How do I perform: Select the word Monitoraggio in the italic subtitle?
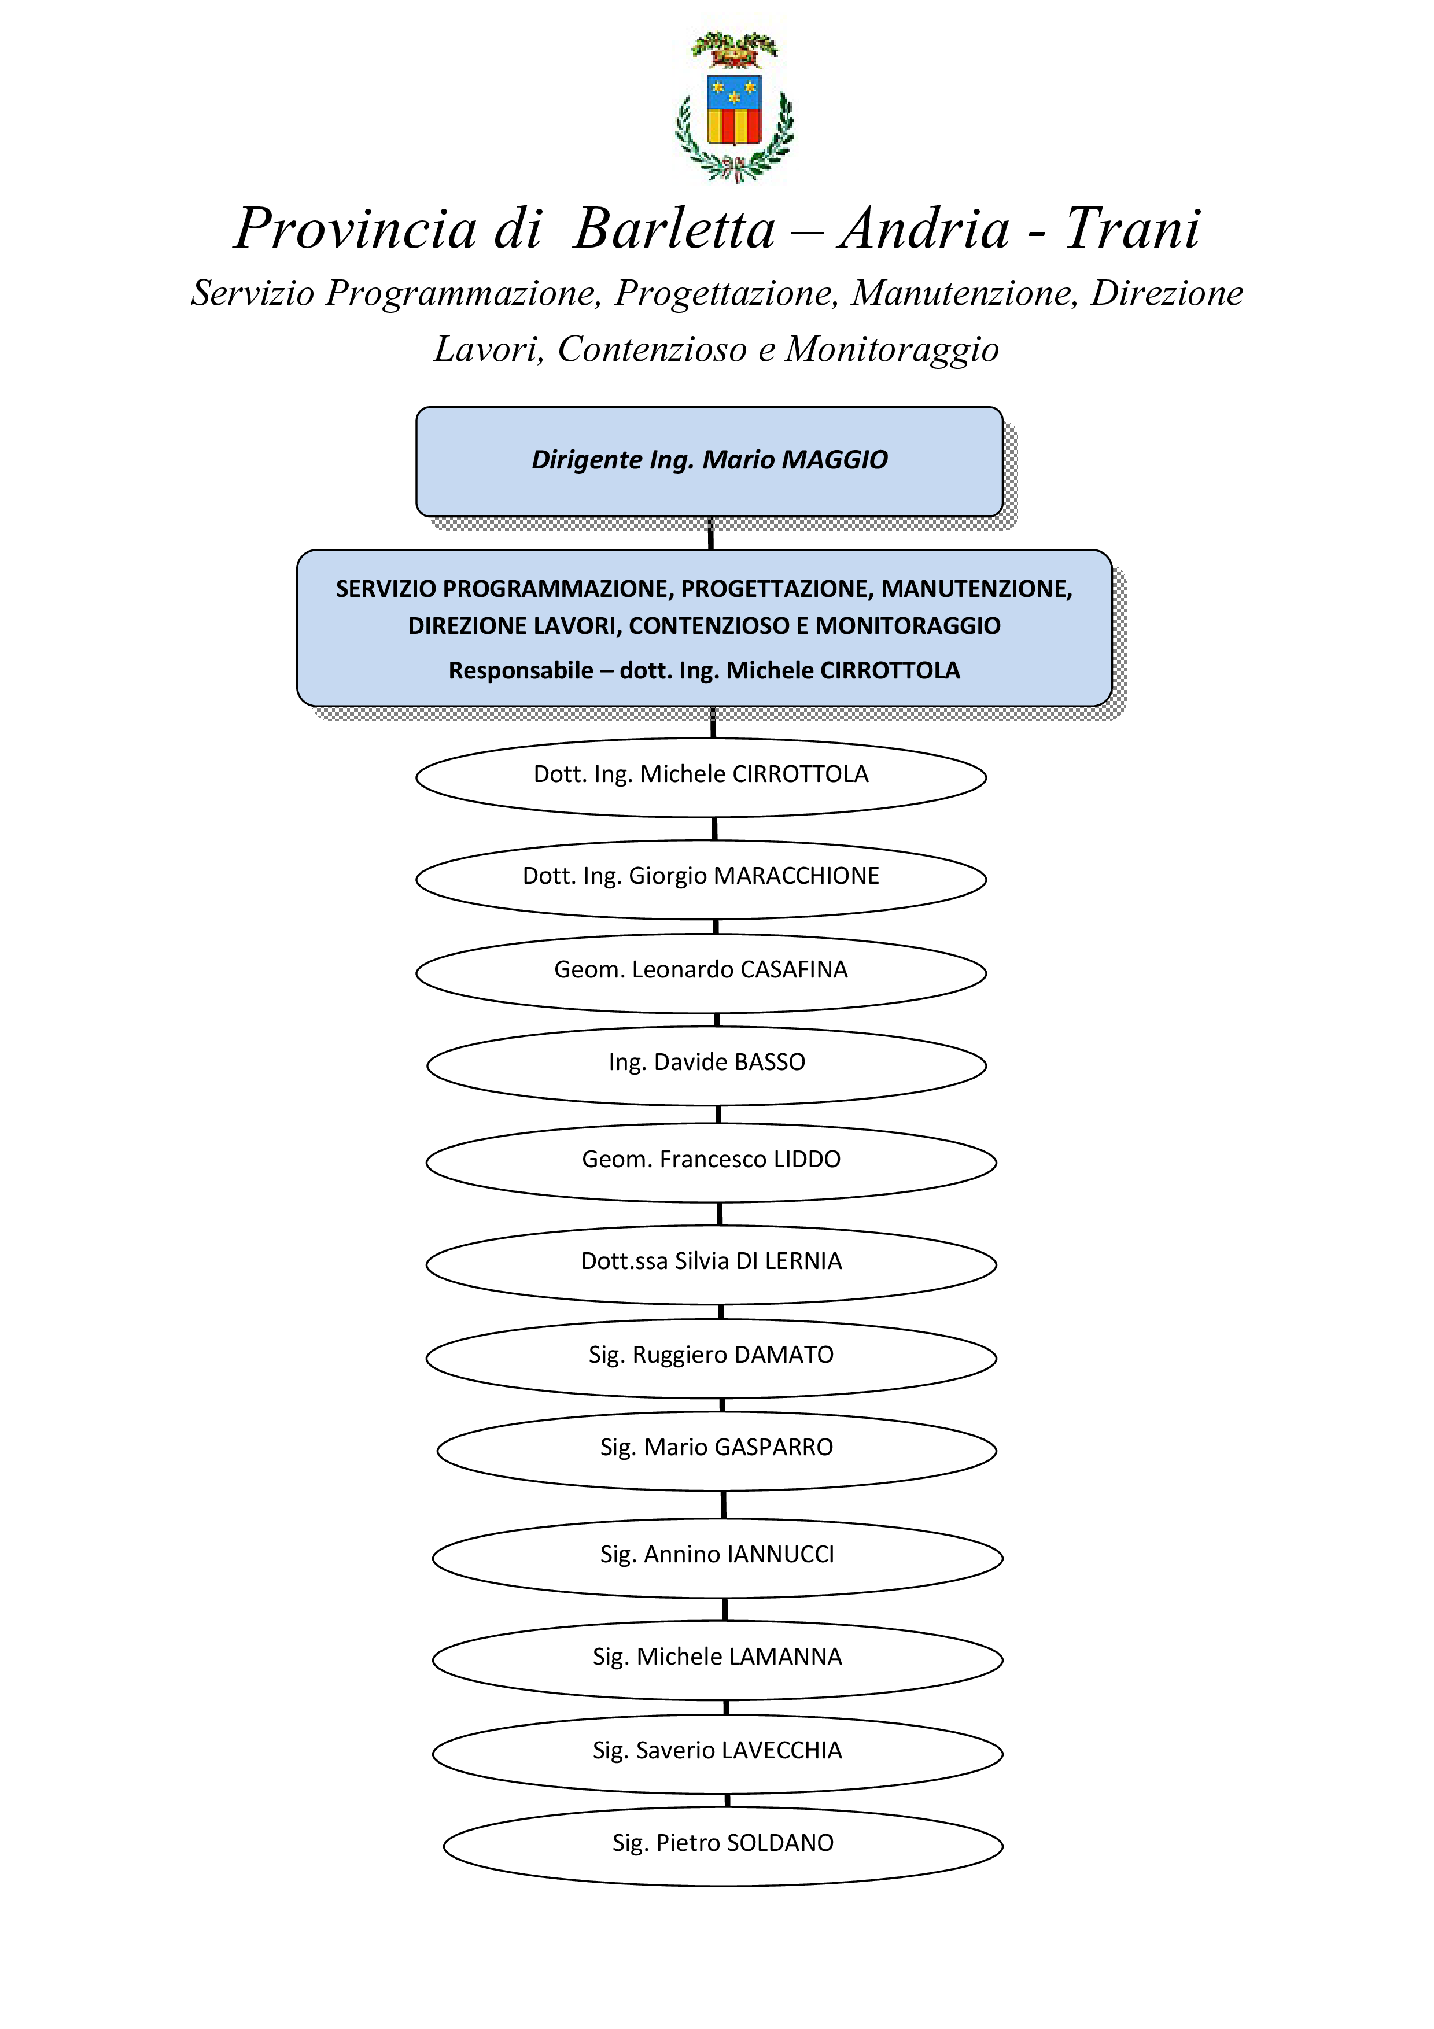(x=893, y=350)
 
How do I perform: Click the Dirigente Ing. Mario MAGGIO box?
(x=710, y=462)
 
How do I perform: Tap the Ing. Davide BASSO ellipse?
(x=707, y=1066)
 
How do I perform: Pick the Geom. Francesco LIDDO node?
(x=712, y=1163)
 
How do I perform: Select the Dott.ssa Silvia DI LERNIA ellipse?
(x=712, y=1264)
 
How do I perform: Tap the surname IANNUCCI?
(x=780, y=1555)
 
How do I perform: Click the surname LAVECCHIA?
(x=782, y=1751)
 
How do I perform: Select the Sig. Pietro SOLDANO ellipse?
(x=722, y=1847)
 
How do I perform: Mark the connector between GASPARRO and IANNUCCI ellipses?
(x=724, y=1505)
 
